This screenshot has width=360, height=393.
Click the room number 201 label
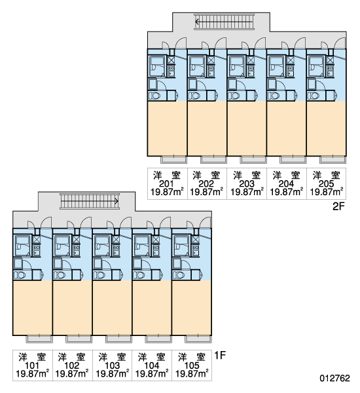pos(167,183)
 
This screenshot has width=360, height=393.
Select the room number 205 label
pos(326,183)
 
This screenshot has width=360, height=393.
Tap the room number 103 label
pos(112,365)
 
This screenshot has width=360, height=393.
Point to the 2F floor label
pos(338,206)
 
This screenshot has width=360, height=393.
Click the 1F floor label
pos(220,355)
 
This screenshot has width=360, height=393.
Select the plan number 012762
pos(334,378)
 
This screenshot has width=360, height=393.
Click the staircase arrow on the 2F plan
pos(225,22)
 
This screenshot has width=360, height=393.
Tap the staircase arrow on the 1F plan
pos(89,201)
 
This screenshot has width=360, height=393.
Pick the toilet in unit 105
pos(179,275)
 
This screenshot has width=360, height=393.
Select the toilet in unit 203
pos(234,96)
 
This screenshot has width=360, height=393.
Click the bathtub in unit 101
pos(22,246)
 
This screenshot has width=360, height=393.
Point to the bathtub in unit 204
pos(276,66)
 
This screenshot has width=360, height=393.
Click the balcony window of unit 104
pos(158,339)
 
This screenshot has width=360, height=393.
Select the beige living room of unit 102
pos(72,308)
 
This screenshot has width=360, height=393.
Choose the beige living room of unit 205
pos(326,128)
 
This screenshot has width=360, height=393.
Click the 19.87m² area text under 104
pos(152,374)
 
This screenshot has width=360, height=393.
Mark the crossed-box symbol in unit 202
pos(211,60)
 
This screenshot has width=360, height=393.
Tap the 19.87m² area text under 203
pos(247,192)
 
